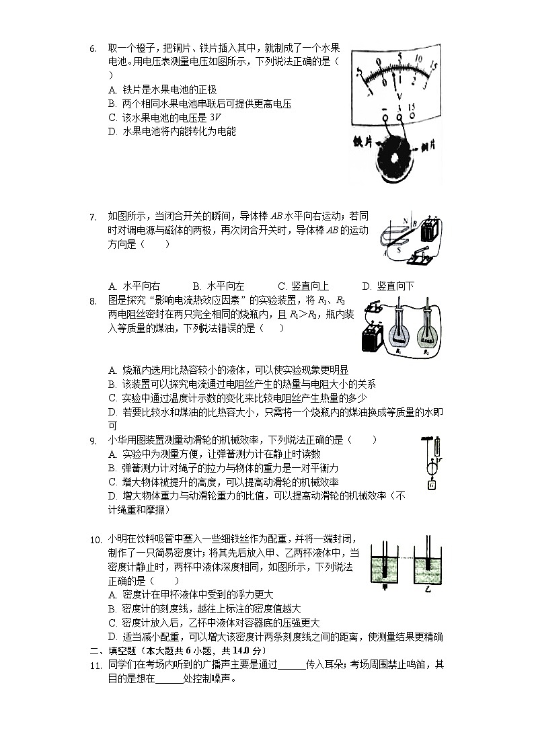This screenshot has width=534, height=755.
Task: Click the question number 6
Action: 93,48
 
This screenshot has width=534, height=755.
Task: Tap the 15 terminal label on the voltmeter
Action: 411,107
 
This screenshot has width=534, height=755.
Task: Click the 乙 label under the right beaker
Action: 428,587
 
